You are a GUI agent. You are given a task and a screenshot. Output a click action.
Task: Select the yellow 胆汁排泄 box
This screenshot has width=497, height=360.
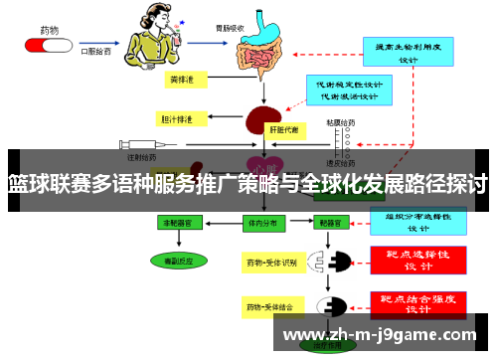181,118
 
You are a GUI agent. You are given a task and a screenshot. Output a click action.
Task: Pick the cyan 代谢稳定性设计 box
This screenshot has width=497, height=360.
346,90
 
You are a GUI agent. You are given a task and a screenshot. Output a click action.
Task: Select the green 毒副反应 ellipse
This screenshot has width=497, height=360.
179,260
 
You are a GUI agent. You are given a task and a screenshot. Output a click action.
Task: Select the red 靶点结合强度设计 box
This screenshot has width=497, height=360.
418,302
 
